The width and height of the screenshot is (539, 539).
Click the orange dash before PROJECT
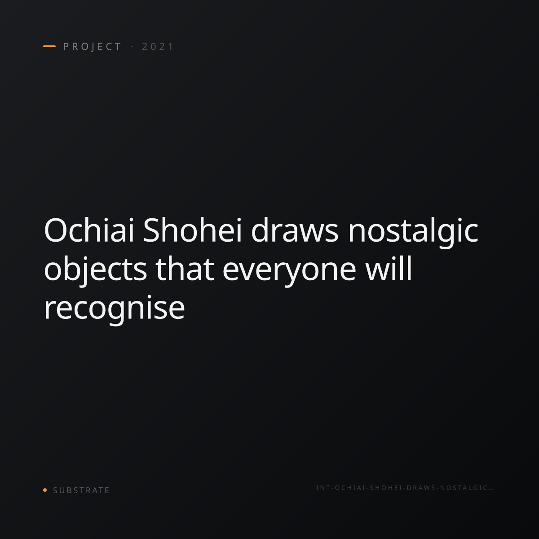[49, 46]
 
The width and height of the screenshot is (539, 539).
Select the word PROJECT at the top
[93, 47]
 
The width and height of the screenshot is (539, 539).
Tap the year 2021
[158, 47]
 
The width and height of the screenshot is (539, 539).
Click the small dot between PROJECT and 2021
[132, 47]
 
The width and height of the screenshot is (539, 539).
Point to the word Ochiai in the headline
[89, 230]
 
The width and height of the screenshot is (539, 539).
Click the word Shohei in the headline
[192, 230]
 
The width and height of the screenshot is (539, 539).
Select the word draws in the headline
[295, 230]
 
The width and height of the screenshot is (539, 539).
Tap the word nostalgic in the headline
[413, 233]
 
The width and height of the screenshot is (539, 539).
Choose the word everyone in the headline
[289, 272]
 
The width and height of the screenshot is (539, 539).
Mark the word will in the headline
[388, 269]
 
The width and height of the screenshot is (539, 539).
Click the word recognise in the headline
[115, 310]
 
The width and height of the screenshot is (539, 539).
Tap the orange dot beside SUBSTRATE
[45, 490]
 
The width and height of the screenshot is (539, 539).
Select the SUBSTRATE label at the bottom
[81, 490]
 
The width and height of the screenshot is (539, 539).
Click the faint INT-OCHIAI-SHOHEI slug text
[405, 488]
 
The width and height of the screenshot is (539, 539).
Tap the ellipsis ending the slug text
[490, 490]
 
